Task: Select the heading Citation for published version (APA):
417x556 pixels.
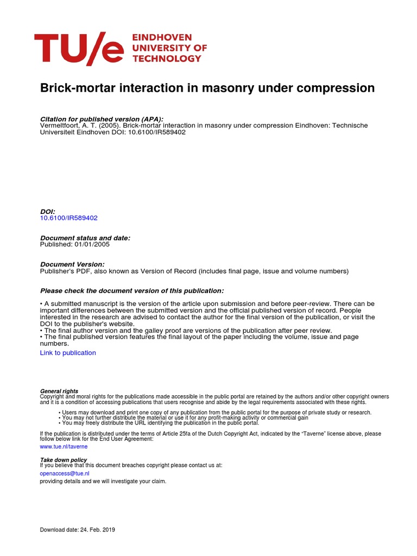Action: (102, 119)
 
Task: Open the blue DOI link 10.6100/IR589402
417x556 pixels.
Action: (69, 218)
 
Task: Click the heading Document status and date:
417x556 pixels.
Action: (85, 238)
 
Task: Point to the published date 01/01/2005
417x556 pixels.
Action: (93, 244)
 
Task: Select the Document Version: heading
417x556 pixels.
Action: (72, 264)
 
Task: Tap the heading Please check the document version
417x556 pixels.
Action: (132, 290)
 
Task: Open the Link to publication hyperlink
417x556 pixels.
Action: (68, 353)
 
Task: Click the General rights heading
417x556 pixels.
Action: (59, 391)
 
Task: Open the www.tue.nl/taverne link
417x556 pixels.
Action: (64, 446)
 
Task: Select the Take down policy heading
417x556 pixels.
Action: (64, 460)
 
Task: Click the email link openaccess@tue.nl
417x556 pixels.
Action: (65, 473)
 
